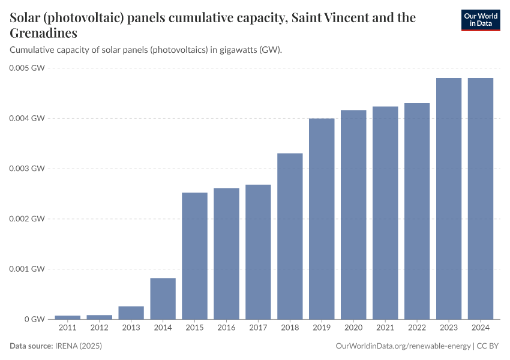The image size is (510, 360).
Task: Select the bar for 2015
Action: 194,256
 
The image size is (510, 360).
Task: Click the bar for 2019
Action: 322,218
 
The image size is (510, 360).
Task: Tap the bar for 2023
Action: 449,198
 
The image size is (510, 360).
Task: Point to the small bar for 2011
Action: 68,317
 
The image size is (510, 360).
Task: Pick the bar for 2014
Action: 163,298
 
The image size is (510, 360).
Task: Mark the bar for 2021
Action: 385,212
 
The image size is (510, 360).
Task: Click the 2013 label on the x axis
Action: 131,328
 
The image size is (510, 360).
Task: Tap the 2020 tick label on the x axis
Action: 353,328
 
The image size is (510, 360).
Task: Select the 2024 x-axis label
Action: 481,328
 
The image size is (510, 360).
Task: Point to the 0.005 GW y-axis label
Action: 27,68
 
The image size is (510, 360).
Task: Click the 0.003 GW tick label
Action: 27,169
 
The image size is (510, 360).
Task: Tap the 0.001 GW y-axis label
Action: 27,269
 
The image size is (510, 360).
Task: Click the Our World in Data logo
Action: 481,20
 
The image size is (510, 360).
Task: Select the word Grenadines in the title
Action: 44,32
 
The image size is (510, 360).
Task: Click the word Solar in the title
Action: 27,17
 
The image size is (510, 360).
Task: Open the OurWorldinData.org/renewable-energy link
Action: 403,346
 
